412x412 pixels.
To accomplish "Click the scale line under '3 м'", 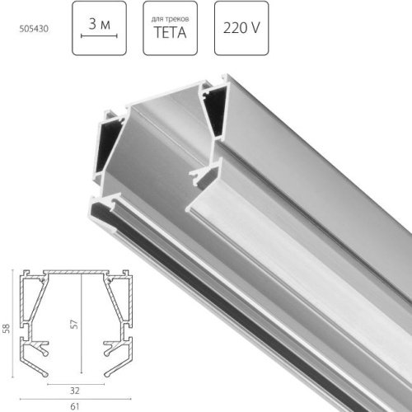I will tap(104, 37).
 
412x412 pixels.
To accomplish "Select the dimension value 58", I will tap(6, 327).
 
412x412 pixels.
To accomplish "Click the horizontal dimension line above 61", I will tap(77, 399).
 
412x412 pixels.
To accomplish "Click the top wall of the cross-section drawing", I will tap(77, 270).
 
